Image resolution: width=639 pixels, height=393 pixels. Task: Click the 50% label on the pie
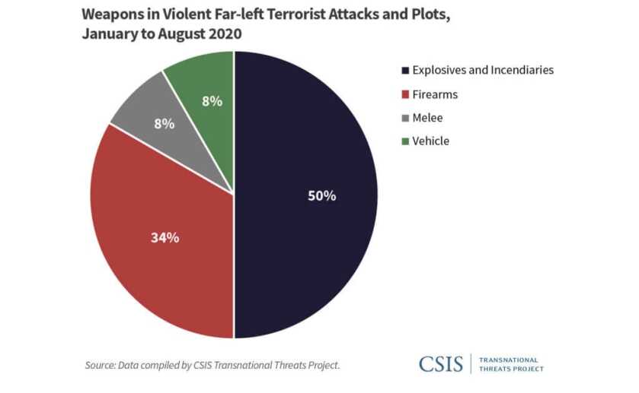[x=321, y=195]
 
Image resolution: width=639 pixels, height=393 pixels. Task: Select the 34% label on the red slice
[x=164, y=237]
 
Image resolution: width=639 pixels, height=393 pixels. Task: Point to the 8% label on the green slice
[x=211, y=100]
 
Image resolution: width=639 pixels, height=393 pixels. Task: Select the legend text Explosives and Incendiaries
[x=482, y=70]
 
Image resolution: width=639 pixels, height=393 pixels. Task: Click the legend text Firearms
[x=435, y=94]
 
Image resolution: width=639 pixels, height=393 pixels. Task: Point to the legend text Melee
[x=427, y=118]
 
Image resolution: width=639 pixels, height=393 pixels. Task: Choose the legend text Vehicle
[x=430, y=141]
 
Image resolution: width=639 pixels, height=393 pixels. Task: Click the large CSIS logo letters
[x=440, y=364]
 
